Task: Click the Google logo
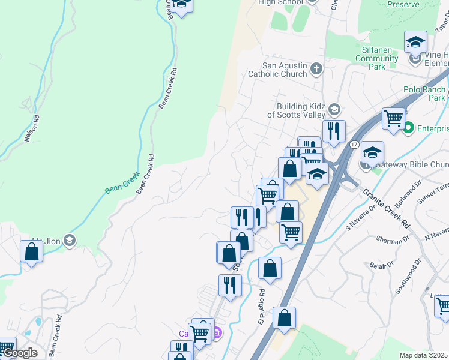tap(19, 353)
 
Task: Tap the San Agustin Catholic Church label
tap(285, 70)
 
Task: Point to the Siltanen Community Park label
tap(377, 58)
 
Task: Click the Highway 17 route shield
tap(354, 145)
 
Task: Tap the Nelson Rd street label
tap(32, 128)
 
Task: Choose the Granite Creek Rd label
tap(385, 209)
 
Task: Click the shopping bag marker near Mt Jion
tap(32, 252)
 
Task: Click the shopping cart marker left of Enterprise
tap(394, 118)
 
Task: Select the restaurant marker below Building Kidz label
tap(334, 131)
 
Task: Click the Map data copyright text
tap(424, 355)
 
